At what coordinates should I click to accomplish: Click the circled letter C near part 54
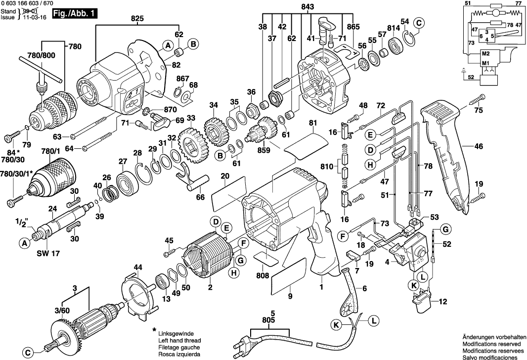419,22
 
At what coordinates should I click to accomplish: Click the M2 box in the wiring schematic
485,53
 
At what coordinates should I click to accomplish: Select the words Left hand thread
179,341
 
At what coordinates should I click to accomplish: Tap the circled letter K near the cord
336,324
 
